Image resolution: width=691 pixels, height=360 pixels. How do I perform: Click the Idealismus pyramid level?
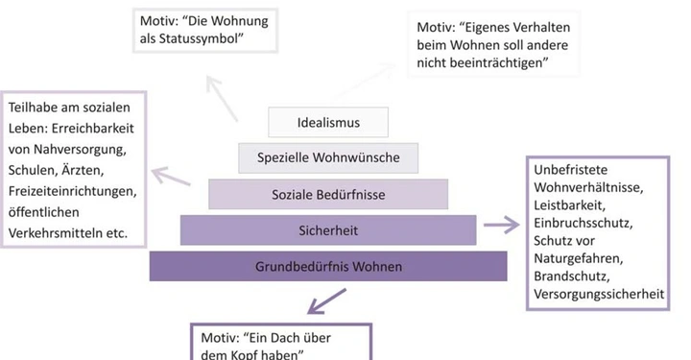tap(328, 122)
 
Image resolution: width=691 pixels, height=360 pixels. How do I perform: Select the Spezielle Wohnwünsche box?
tap(328, 157)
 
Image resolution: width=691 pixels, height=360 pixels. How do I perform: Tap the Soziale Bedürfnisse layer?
tap(328, 195)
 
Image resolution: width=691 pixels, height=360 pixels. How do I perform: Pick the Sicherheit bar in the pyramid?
tap(328, 229)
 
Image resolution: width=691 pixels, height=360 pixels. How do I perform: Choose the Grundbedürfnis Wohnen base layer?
tap(328, 265)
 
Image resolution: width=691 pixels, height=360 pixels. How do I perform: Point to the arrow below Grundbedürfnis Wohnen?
tap(326, 300)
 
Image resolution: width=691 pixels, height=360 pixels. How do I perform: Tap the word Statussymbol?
tap(195, 37)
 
